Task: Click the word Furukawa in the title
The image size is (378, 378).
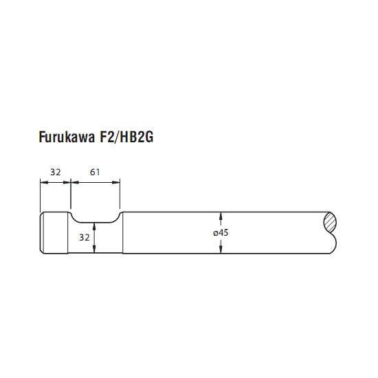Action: coord(67,137)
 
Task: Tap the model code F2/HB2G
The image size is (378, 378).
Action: coord(126,137)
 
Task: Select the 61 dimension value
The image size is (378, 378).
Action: coord(95,172)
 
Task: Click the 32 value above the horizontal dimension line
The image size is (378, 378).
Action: coord(56,172)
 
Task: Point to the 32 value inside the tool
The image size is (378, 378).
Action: coord(85,238)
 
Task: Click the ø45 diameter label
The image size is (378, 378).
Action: coord(221,233)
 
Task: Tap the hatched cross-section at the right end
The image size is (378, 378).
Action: coord(330,223)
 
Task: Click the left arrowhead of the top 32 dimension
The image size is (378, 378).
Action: coord(44,182)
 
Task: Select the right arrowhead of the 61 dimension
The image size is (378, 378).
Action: coord(116,182)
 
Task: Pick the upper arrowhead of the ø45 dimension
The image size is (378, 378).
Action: coord(221,216)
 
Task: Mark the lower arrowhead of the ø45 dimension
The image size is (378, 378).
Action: coord(221,249)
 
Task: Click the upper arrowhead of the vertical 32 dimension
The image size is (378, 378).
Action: coord(94,227)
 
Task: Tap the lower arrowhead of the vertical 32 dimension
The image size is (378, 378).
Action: coord(94,249)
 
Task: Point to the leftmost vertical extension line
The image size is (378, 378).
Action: coord(41,195)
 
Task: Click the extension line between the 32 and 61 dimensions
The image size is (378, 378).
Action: coord(71,194)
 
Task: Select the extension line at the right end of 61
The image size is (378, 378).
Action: coord(120,194)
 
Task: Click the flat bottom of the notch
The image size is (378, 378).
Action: coord(95,223)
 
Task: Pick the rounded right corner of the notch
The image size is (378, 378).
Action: coord(116,219)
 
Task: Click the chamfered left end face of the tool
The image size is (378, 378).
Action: coord(42,232)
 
